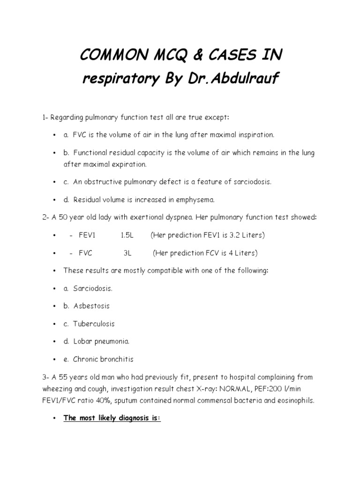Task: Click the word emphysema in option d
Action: pyautogui.click(x=195, y=199)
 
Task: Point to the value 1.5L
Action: pyautogui.click(x=127, y=235)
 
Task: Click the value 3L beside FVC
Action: pyautogui.click(x=128, y=253)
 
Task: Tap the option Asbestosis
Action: pyautogui.click(x=91, y=306)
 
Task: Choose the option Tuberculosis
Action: pyautogui.click(x=94, y=324)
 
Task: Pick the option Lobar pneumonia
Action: pyautogui.click(x=101, y=342)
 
